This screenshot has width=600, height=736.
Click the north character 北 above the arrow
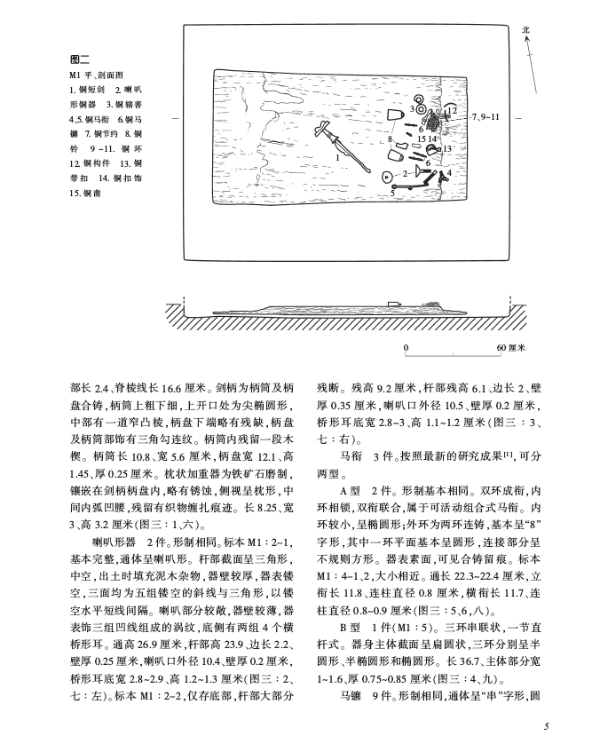coord(525,30)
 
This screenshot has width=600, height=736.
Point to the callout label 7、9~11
coord(486,116)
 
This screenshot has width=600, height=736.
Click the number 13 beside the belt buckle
coord(447,148)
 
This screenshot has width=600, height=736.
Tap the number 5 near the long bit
coord(392,191)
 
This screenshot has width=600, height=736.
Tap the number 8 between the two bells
coord(391,139)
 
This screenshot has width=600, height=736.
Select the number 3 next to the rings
coord(412,107)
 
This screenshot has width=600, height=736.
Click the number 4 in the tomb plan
coord(449,172)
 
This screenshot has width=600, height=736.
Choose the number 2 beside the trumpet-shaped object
coord(405,173)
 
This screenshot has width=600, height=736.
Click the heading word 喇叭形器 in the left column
coord(111,539)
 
